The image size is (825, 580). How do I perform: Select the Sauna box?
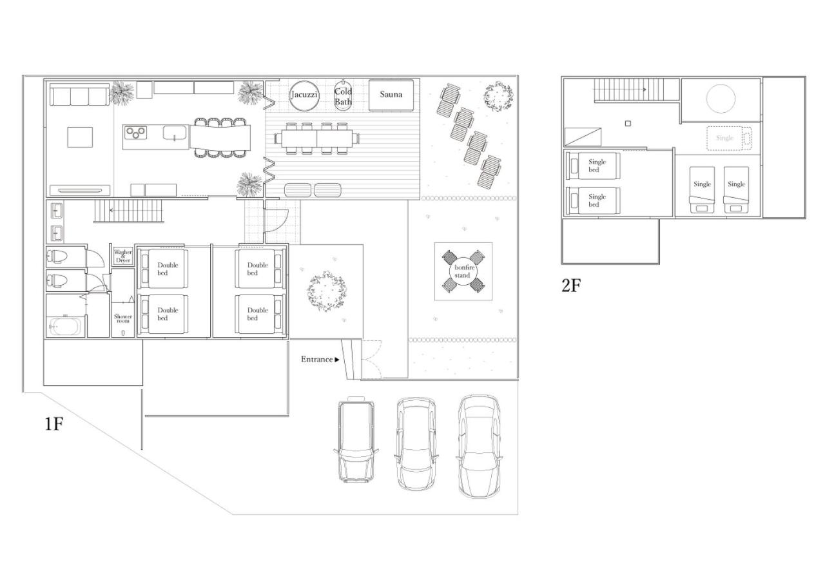pyautogui.click(x=391, y=95)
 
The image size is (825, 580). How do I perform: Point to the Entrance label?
pyautogui.click(x=316, y=360)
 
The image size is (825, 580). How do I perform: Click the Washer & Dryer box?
pyautogui.click(x=123, y=256)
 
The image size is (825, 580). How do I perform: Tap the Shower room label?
pyautogui.click(x=123, y=318)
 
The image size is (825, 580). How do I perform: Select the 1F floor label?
pyautogui.click(x=53, y=424)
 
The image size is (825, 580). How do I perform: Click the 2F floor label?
pyautogui.click(x=571, y=285)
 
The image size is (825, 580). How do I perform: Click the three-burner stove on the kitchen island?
pyautogui.click(x=135, y=133)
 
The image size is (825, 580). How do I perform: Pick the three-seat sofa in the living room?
pyautogui.click(x=79, y=94)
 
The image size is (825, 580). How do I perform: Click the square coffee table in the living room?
pyautogui.click(x=80, y=137)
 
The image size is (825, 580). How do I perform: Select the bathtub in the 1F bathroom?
pyautogui.click(x=65, y=325)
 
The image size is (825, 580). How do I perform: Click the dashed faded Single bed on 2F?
pyautogui.click(x=728, y=138)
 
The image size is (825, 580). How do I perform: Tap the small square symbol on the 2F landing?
pyautogui.click(x=628, y=123)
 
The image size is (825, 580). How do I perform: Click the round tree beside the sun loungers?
pyautogui.click(x=498, y=97)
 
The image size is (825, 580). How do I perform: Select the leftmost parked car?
pyautogui.click(x=356, y=439)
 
